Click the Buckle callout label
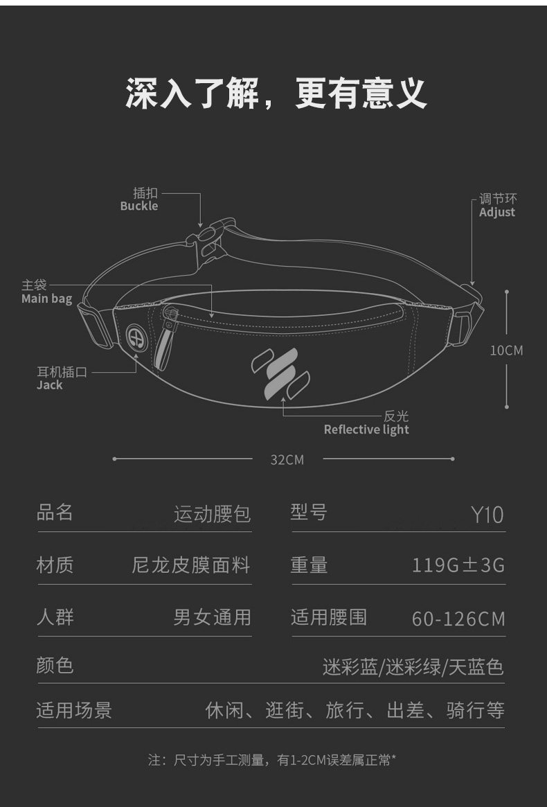(139, 199)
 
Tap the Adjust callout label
(497, 206)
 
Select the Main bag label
(46, 292)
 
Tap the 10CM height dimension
(507, 351)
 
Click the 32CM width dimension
(287, 459)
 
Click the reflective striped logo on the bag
(280, 374)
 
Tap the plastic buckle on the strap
(206, 239)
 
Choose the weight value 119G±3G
(458, 566)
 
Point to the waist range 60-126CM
(458, 618)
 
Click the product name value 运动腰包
(212, 515)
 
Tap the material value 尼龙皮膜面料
(190, 565)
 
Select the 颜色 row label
(55, 666)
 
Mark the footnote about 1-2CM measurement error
(272, 761)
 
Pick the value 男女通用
(212, 617)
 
